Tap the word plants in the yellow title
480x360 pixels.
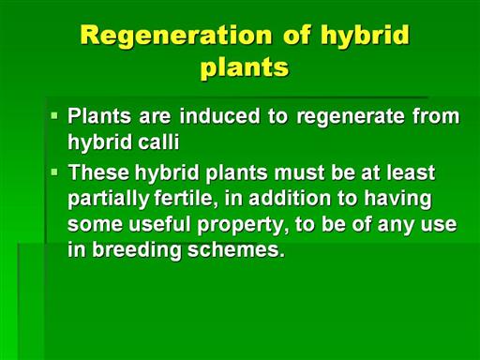[x=245, y=68]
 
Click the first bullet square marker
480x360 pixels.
[x=54, y=116]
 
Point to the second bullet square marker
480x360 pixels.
[x=54, y=172]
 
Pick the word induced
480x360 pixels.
[x=219, y=115]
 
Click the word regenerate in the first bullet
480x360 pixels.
[x=351, y=117]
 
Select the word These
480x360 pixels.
[x=98, y=172]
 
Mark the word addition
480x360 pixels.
[x=290, y=198]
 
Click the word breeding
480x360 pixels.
[x=137, y=250]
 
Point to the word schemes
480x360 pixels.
[x=236, y=249]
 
